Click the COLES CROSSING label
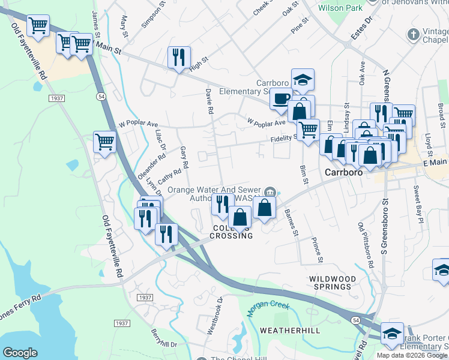coord(232,232)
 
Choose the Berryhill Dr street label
coord(163,343)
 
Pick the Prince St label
coord(316,250)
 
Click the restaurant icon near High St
coord(179,58)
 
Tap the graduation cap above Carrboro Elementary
coord(303,79)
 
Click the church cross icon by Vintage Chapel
coord(414,35)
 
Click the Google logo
coord(20,353)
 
